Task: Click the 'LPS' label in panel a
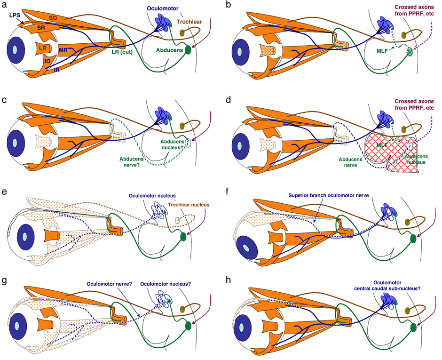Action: coord(14,16)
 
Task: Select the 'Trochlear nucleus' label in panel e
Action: coord(190,204)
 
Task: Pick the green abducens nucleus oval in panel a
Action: coord(189,49)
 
